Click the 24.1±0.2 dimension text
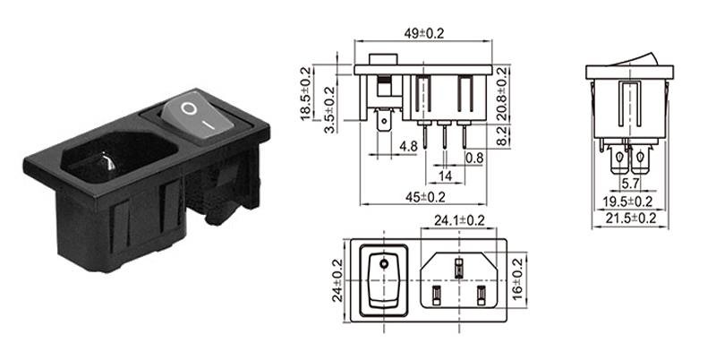[460, 220]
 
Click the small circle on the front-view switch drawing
[384, 264]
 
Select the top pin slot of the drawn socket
[459, 265]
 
